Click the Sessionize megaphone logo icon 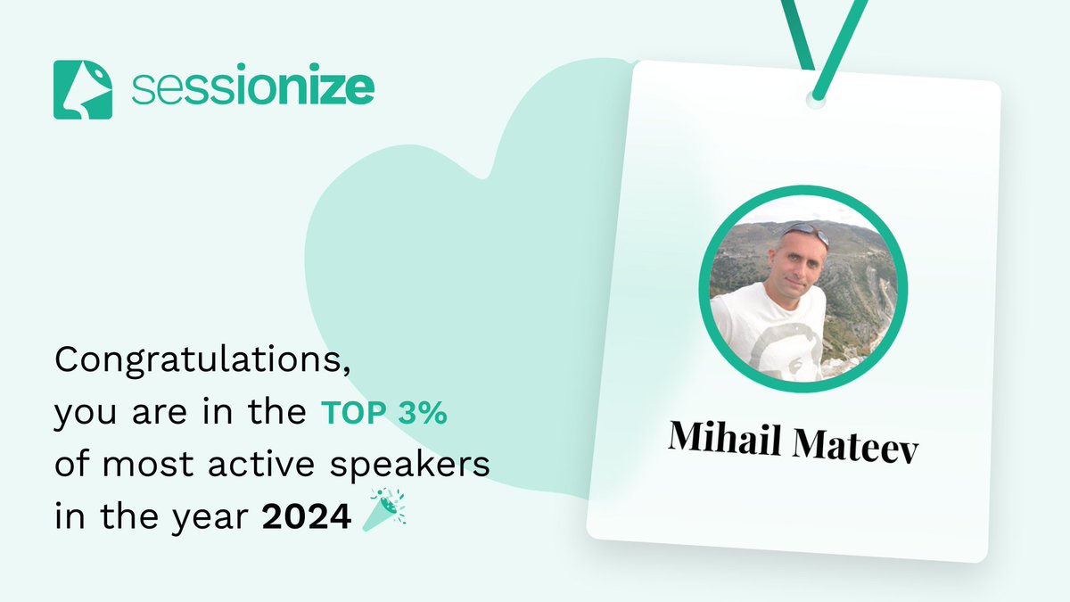(83, 89)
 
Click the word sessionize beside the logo (252, 89)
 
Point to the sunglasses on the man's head (804, 231)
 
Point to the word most (142, 466)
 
